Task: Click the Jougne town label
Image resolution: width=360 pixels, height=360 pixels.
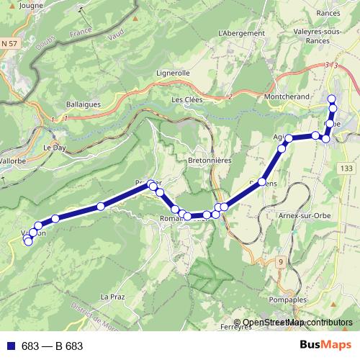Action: tap(32, 5)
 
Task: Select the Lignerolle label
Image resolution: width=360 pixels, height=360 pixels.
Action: tap(173, 73)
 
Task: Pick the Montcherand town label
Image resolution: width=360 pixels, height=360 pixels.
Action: tap(287, 96)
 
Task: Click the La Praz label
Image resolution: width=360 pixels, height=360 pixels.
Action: tap(113, 297)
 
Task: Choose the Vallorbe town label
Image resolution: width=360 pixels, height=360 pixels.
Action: tap(12, 161)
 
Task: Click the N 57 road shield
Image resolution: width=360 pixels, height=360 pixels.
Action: tap(9, 45)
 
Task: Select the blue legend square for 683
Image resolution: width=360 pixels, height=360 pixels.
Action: tap(11, 346)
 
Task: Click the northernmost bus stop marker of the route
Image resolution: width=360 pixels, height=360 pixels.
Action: tap(332, 99)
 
